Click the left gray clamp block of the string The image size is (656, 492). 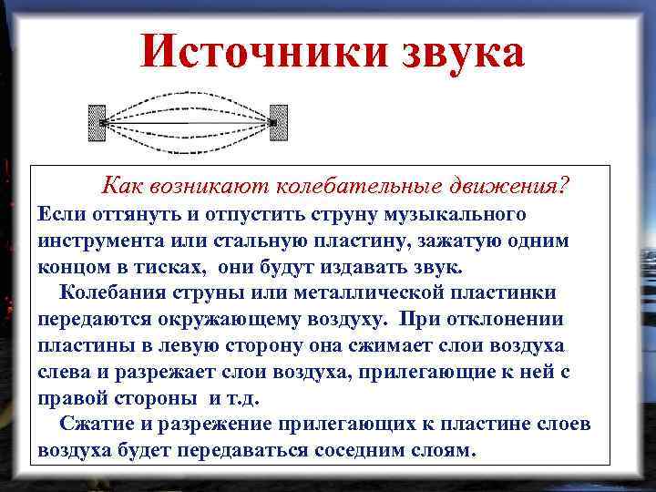click(x=96, y=122)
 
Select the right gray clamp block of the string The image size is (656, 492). click(x=279, y=122)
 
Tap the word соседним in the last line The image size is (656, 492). click(x=357, y=450)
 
